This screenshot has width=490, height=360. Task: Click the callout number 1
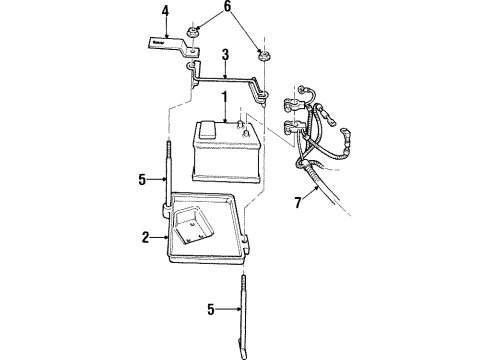(225, 99)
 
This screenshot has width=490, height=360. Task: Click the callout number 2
(144, 237)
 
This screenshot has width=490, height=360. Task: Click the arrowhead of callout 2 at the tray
(160, 237)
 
